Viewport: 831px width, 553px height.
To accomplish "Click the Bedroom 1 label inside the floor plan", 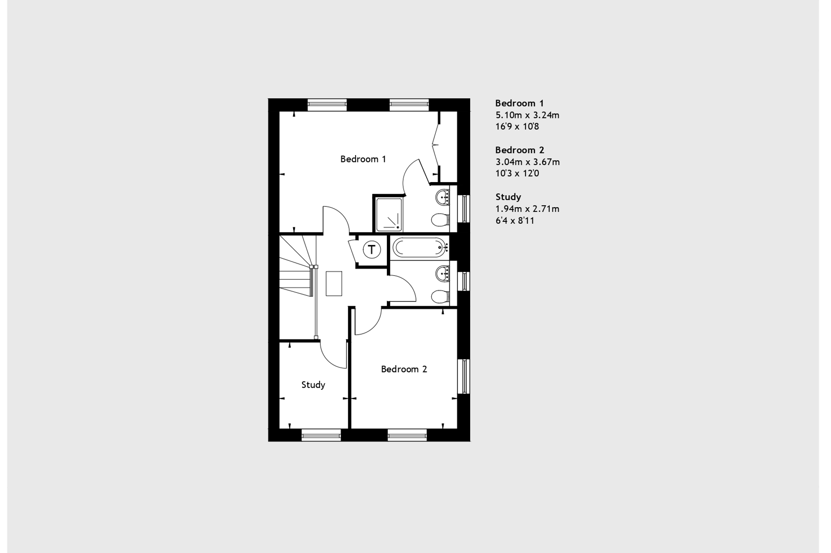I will pyautogui.click(x=363, y=159).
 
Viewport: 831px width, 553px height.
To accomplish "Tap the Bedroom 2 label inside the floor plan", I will pyautogui.click(x=404, y=369).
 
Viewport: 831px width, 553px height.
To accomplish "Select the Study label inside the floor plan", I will pyautogui.click(x=313, y=385).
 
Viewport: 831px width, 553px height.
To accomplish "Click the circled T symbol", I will pyautogui.click(x=372, y=250).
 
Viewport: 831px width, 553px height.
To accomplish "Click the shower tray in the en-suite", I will pyautogui.click(x=389, y=215).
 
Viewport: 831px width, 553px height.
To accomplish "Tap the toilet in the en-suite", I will pyautogui.click(x=439, y=221).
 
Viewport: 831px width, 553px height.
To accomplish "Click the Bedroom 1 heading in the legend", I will pyautogui.click(x=519, y=103).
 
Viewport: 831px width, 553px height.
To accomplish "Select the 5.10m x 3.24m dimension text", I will pyautogui.click(x=527, y=115).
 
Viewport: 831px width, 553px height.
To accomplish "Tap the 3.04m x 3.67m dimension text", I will pyautogui.click(x=527, y=162).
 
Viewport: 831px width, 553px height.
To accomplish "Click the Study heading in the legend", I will pyautogui.click(x=508, y=197).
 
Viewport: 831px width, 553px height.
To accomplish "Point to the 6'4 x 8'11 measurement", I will pyautogui.click(x=515, y=221).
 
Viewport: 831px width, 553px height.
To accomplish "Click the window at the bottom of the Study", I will pyautogui.click(x=321, y=436).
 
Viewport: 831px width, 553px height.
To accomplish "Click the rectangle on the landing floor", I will pyautogui.click(x=334, y=283).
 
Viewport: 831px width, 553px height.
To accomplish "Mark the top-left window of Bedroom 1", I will pyautogui.click(x=327, y=104).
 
